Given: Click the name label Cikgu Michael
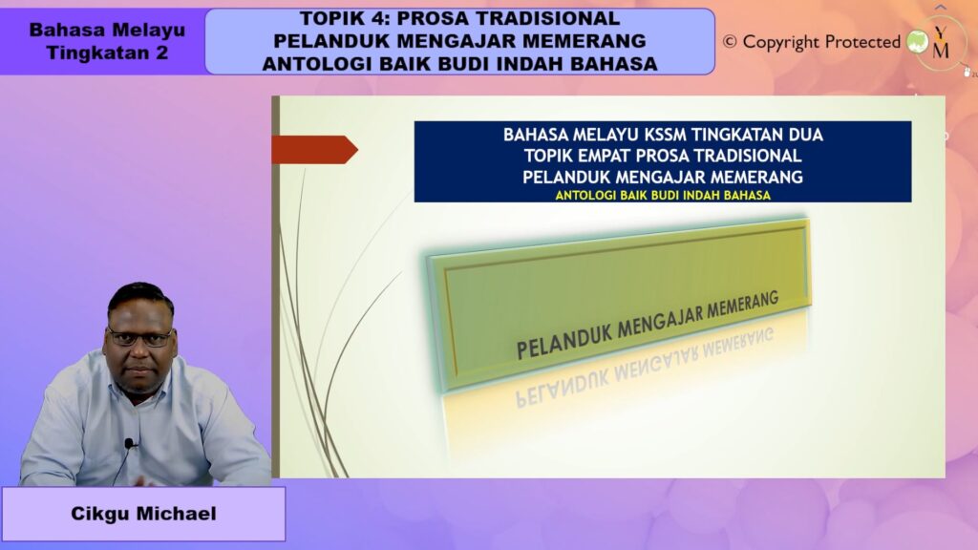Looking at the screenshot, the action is coord(143,514).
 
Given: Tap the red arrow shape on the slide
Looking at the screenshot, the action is coord(314,150).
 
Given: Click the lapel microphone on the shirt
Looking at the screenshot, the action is coord(129,443).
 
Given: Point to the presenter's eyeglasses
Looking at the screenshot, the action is coord(139,337).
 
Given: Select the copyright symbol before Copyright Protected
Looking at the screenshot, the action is coord(730,42).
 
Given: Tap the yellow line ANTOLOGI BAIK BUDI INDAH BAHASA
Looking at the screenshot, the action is coord(663,195).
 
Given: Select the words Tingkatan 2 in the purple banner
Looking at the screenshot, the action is coord(107,53).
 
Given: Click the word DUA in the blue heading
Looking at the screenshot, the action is coord(807,135).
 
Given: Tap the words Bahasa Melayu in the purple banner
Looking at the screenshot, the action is coord(107,30).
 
